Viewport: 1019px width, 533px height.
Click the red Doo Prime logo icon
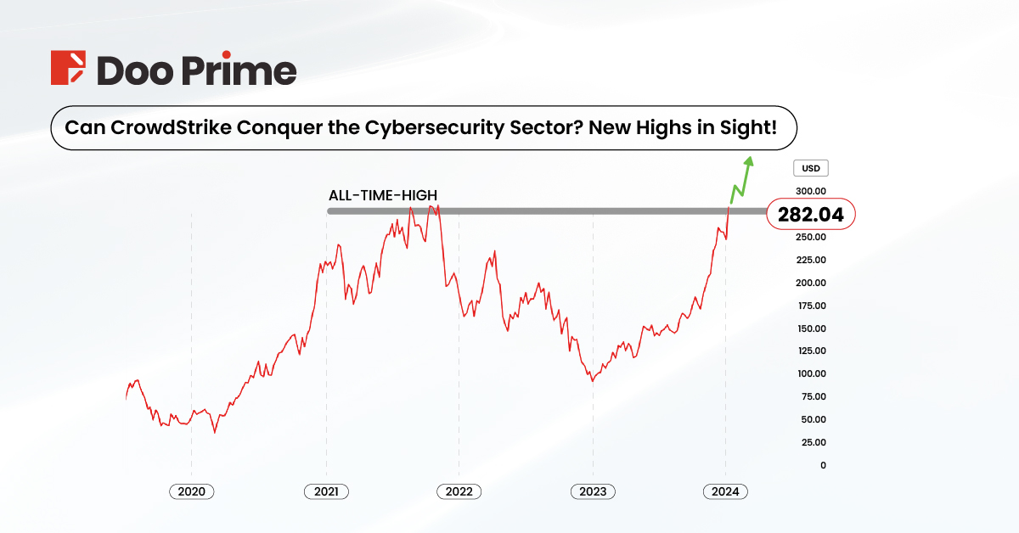(69, 69)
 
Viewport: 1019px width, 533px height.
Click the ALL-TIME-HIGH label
(383, 195)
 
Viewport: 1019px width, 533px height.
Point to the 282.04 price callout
(810, 216)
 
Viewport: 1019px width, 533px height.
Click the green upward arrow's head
(748, 161)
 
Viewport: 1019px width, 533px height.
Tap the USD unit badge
(811, 169)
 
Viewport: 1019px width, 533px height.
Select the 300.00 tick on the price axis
(811, 192)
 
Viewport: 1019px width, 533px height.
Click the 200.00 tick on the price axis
(811, 283)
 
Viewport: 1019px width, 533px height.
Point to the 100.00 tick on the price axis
(811, 373)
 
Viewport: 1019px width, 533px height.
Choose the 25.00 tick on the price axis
(813, 442)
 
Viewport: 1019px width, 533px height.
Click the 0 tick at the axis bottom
(822, 465)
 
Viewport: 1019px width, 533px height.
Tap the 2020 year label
(192, 491)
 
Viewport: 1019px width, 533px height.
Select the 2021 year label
(326, 491)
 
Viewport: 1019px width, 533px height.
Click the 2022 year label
(459, 491)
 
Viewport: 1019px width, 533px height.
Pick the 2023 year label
(593, 491)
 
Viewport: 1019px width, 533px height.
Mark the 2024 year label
(726, 491)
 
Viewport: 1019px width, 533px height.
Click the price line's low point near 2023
(592, 381)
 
